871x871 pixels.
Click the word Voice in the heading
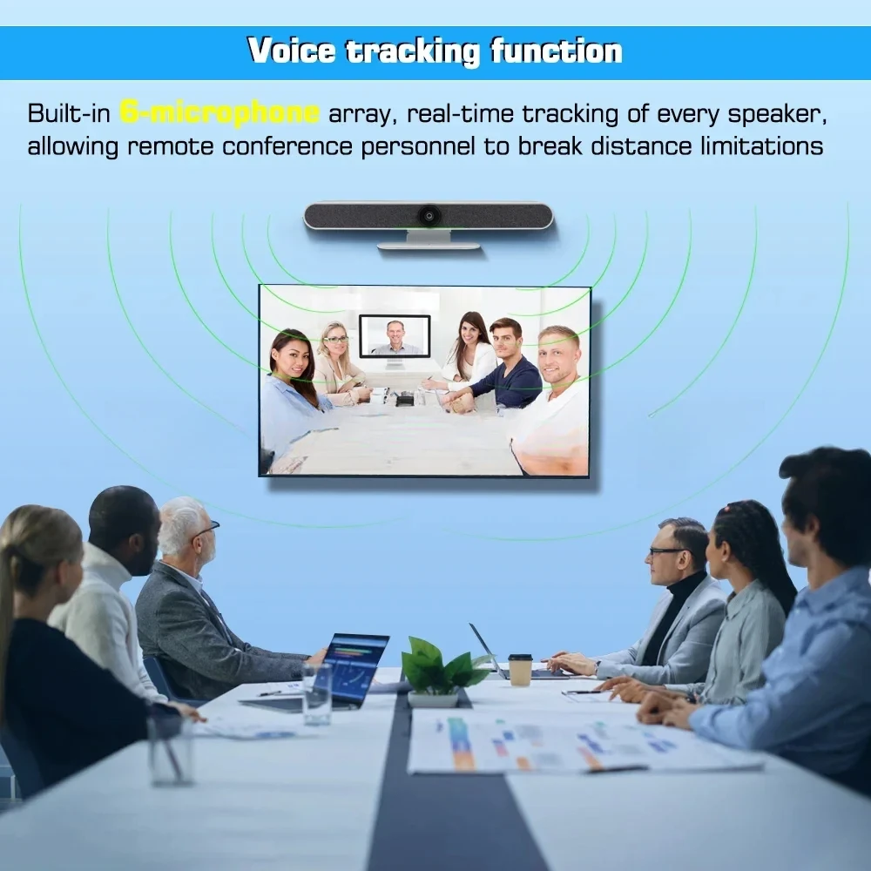click(292, 51)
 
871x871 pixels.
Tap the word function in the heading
click(557, 51)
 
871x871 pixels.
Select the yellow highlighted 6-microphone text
click(219, 112)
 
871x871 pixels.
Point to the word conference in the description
click(287, 146)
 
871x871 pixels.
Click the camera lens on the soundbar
click(429, 215)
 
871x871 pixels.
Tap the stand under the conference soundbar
click(429, 240)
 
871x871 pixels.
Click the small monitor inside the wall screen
click(395, 336)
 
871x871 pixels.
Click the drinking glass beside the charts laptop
click(317, 694)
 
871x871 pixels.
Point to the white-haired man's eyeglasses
click(208, 530)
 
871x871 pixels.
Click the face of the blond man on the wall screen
click(559, 357)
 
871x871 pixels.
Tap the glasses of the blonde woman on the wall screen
click(335, 340)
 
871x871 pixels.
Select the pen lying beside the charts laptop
click(270, 693)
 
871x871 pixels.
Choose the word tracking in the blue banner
click(413, 51)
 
